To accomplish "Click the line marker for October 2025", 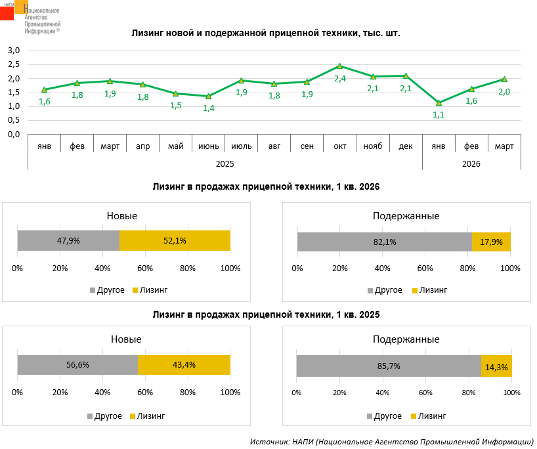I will pyautogui.click(x=339, y=66).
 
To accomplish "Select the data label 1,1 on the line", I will pyautogui.click(x=439, y=114).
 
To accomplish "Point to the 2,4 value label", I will pyautogui.click(x=339, y=79).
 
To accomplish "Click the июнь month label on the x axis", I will pyautogui.click(x=209, y=146).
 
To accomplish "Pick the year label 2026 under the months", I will pyautogui.click(x=471, y=163).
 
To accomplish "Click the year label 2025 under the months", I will pyautogui.click(x=225, y=163).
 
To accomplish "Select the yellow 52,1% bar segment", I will pyautogui.click(x=175, y=241).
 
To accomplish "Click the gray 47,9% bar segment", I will pyautogui.click(x=68, y=241).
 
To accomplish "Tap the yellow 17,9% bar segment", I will pyautogui.click(x=491, y=242).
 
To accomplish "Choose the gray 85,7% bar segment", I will pyautogui.click(x=389, y=366).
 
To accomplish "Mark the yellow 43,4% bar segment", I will pyautogui.click(x=184, y=365).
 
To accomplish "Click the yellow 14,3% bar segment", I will pyautogui.click(x=496, y=366).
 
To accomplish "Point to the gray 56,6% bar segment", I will pyautogui.click(x=77, y=365).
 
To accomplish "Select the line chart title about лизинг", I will pyautogui.click(x=265, y=32).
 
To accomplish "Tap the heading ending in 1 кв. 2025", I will pyautogui.click(x=266, y=314).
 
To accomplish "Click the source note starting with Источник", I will pyautogui.click(x=391, y=441).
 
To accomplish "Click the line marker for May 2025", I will pyautogui.click(x=175, y=94).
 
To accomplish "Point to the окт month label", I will pyautogui.click(x=340, y=146).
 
